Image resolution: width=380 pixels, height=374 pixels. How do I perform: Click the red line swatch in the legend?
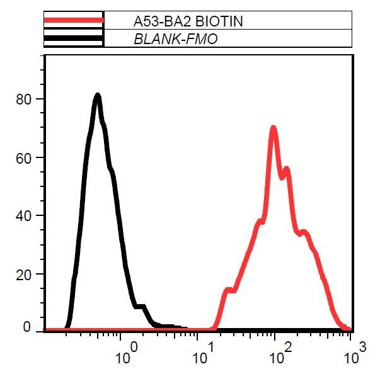pyautogui.click(x=73, y=21)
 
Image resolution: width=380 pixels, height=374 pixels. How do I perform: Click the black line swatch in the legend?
pyautogui.click(x=73, y=39)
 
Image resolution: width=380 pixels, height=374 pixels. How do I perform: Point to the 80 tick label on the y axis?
pyautogui.click(x=24, y=99)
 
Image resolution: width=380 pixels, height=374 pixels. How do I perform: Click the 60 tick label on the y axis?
pyautogui.click(x=24, y=157)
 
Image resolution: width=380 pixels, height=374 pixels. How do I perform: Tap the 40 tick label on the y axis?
pyautogui.click(x=24, y=215)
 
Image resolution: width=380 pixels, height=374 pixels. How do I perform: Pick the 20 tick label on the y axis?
pyautogui.click(x=24, y=274)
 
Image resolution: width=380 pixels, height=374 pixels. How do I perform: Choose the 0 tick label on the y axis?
pyautogui.click(x=27, y=327)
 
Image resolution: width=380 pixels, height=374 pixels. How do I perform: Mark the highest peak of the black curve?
pyautogui.click(x=98, y=96)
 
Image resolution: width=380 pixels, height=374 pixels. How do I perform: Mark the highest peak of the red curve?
pyautogui.click(x=273, y=128)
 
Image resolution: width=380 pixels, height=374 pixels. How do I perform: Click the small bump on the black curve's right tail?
pyautogui.click(x=142, y=307)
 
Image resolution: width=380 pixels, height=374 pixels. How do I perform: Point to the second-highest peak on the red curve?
pyautogui.click(x=287, y=169)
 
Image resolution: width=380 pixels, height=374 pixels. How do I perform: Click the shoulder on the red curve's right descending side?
pyautogui.click(x=305, y=232)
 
